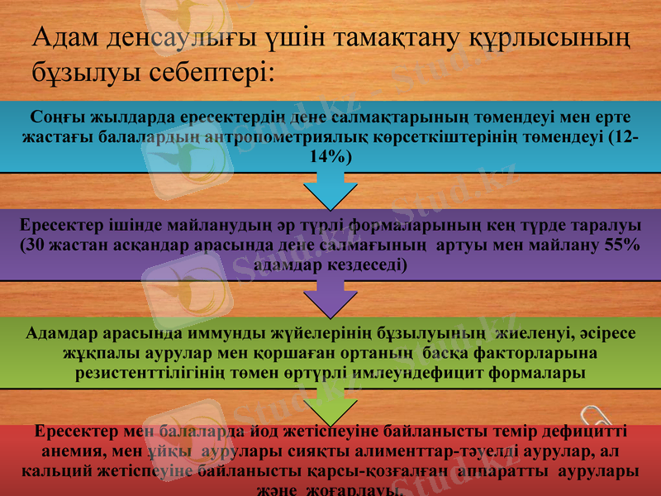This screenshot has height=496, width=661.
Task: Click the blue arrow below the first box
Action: (330, 192)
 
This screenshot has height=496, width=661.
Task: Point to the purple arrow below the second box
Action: (330, 298)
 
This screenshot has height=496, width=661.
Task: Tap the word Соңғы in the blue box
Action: (52, 117)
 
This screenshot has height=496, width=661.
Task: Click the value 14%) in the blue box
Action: (330, 156)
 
